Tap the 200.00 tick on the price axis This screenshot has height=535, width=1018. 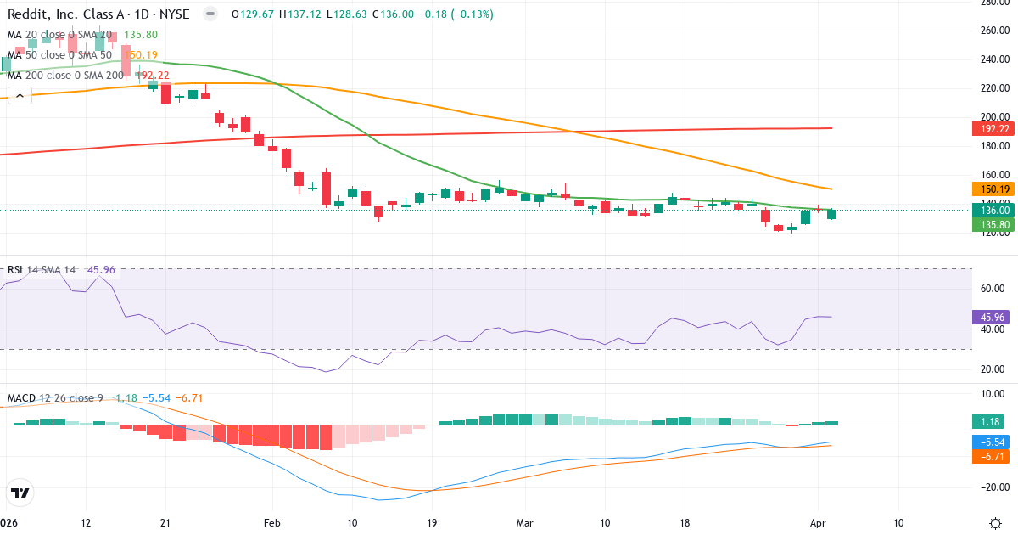993,117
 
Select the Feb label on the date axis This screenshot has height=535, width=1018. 271,522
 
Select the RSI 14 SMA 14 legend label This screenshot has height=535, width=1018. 42,270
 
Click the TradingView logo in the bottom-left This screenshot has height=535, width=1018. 20,493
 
